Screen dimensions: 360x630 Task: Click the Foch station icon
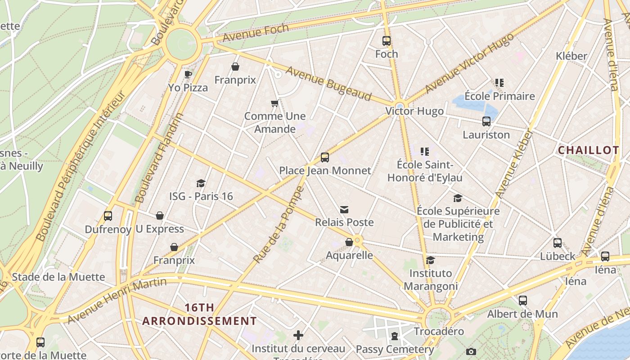[387, 41]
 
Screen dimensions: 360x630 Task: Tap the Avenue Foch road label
[256, 33]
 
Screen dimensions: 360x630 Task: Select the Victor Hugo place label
[414, 111]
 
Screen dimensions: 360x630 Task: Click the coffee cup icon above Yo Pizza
[188, 74]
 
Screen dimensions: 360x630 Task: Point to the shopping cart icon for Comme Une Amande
[274, 103]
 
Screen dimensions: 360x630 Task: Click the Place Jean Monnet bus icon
[325, 157]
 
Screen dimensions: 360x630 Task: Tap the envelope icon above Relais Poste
[344, 210]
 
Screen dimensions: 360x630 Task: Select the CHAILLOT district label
[588, 150]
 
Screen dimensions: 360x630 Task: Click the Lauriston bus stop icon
[486, 121]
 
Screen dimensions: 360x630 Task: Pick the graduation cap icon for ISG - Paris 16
[201, 184]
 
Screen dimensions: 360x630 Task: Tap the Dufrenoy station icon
[108, 216]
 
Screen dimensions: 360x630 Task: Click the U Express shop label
[160, 229]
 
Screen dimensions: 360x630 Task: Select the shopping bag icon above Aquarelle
[349, 243]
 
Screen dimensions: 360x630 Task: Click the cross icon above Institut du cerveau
[298, 335]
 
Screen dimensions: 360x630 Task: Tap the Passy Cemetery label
[395, 349]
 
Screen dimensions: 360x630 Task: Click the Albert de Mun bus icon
[522, 301]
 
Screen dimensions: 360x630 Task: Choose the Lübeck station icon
[558, 243]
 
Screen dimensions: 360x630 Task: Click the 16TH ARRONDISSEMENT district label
[199, 315]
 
